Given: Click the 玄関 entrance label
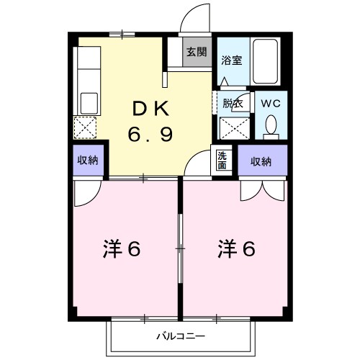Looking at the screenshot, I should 196,52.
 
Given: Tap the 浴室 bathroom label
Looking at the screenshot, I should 231,60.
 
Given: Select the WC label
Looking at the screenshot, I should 271,102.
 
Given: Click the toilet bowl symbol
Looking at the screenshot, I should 271,127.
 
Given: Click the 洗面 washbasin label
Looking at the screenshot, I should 222,159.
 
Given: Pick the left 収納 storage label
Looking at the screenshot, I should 88,160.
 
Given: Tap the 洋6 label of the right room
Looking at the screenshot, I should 237,250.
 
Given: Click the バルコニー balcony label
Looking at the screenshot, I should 181,336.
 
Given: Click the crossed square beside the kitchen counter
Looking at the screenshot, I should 85,128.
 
